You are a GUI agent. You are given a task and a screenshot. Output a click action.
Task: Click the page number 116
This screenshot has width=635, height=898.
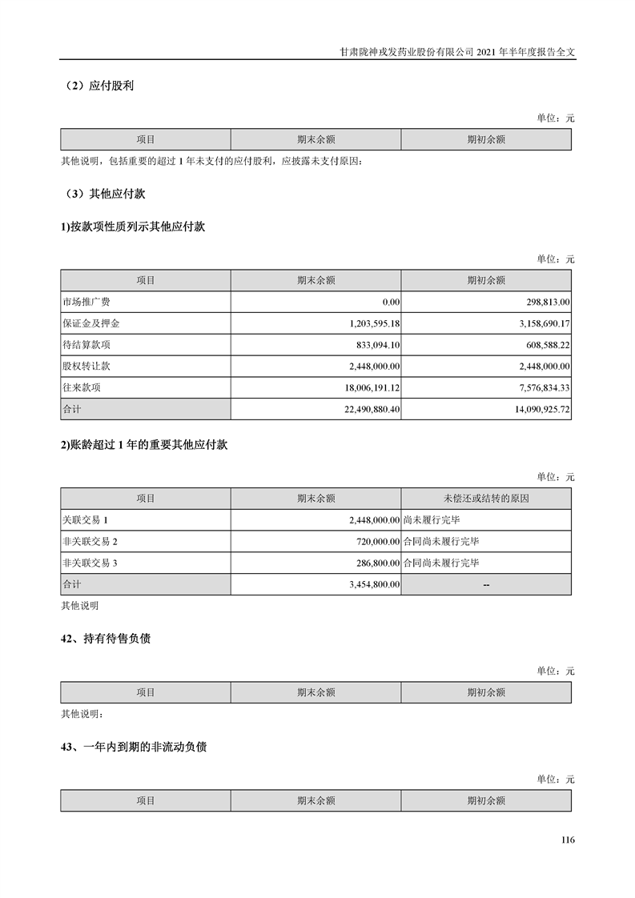[568, 840]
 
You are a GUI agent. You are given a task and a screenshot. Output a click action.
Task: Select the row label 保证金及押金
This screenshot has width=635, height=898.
[90, 323]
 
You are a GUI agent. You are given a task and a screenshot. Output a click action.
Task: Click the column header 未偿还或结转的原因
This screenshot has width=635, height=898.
[486, 498]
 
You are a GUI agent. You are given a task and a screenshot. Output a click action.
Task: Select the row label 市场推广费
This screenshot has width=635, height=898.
[86, 302]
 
